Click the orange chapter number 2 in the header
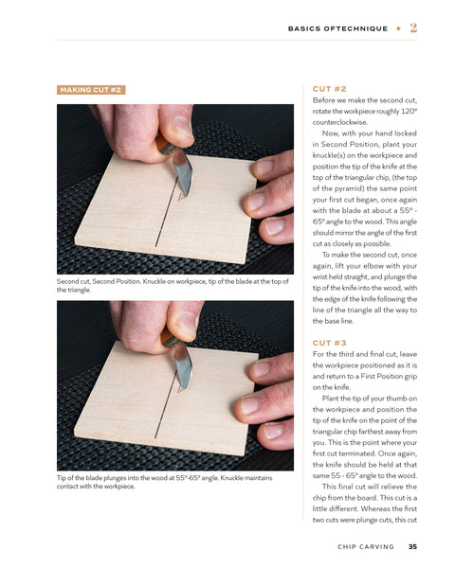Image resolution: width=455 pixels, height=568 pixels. point(413,27)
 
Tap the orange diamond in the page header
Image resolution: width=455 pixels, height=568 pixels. point(398,28)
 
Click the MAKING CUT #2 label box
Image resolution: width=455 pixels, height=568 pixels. point(91,90)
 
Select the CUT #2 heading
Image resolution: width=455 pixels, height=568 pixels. point(330,89)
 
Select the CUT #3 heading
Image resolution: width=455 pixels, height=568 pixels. point(330,343)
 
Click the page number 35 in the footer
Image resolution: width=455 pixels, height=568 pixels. point(412,546)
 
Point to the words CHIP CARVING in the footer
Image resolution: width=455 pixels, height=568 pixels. point(366,546)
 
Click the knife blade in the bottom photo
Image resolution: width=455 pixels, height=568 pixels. point(183,365)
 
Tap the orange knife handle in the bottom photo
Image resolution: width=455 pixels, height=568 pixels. point(169,338)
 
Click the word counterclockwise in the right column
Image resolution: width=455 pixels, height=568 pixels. point(339,122)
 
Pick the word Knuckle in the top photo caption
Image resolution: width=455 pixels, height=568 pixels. point(155,281)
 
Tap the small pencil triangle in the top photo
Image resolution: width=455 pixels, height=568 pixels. point(182,196)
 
